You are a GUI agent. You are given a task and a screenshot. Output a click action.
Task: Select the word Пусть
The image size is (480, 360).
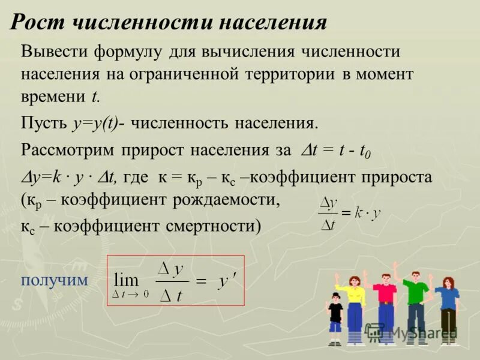coord(44,123)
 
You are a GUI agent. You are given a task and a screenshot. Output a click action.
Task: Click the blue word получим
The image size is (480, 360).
coord(54,280)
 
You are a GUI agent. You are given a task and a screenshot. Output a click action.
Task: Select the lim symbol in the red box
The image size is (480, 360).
coord(127,280)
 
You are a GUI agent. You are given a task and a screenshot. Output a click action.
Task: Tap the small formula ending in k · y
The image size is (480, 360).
coord(349,214)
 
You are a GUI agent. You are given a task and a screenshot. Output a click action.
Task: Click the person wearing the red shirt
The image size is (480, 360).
coord(385,306)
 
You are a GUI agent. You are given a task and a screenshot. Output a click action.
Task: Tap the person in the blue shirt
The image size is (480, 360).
coord(448,309)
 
